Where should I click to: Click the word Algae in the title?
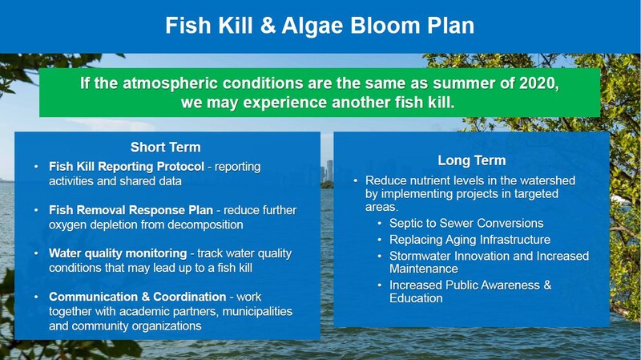[312, 26]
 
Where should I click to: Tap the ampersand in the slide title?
[268, 26]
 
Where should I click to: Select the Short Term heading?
[166, 147]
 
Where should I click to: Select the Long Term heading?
[472, 160]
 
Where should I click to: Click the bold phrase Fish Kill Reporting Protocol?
[127, 167]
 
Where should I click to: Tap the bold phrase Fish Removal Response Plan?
[131, 210]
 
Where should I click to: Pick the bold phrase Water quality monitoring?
[118, 253]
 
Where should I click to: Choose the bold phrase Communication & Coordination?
[137, 297]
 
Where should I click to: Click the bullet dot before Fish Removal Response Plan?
[36, 210]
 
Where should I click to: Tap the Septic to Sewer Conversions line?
[466, 223]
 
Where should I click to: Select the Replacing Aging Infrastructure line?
[470, 239]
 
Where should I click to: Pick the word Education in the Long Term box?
[416, 298]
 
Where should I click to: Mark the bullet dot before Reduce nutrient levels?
[356, 181]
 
